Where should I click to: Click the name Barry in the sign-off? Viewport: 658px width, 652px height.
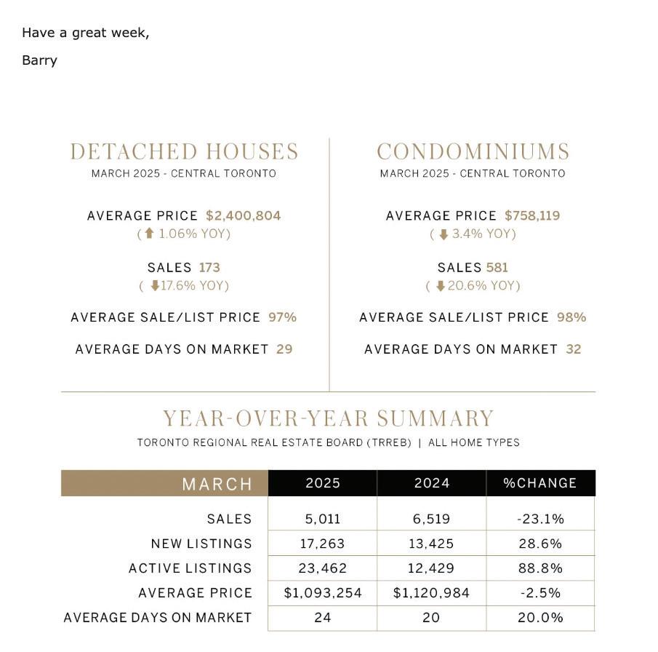tap(39, 60)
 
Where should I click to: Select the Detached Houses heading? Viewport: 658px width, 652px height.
tap(184, 151)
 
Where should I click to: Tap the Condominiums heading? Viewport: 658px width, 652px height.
tap(473, 151)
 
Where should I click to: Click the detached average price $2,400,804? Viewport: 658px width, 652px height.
tap(243, 215)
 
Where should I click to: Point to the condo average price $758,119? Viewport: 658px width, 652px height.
tap(532, 215)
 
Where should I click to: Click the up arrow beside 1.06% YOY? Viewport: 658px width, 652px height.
tap(149, 234)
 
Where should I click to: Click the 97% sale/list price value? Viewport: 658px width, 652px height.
tap(282, 317)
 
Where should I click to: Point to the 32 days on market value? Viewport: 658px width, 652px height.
tap(574, 349)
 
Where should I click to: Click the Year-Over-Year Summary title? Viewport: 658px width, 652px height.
tap(328, 418)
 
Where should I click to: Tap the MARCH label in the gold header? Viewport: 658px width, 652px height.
tap(217, 484)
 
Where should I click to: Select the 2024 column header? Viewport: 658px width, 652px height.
tap(431, 483)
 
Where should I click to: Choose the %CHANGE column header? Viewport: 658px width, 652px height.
tap(540, 483)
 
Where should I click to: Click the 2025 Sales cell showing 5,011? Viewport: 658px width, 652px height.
tap(322, 519)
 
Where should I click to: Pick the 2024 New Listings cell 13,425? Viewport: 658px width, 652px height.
tap(431, 544)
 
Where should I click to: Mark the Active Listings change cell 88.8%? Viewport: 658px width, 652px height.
tap(540, 568)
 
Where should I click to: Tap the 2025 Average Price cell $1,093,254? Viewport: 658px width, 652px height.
tap(322, 593)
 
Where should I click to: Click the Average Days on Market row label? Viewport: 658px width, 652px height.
tap(158, 618)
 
